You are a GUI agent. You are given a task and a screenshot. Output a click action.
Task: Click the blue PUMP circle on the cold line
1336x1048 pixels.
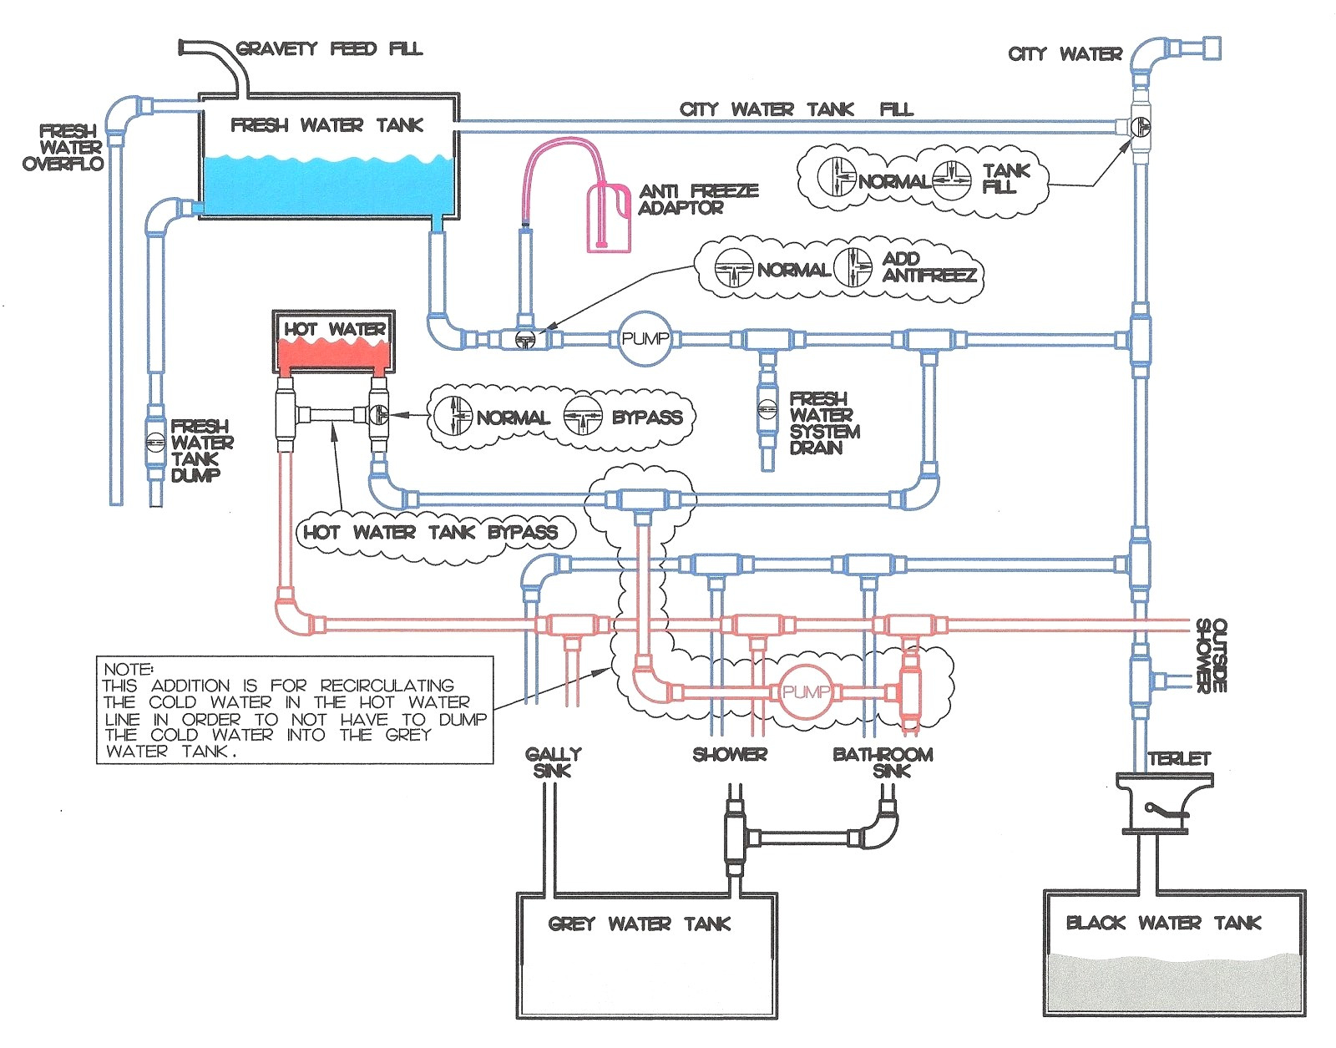pos(645,338)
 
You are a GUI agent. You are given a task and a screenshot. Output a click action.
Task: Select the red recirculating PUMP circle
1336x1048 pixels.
pos(806,692)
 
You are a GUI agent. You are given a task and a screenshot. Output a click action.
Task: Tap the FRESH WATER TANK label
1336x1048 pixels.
pos(326,125)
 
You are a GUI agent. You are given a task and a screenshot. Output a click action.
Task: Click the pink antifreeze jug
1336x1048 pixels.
pos(608,218)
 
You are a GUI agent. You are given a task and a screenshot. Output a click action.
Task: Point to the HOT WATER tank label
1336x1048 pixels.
pos(334,329)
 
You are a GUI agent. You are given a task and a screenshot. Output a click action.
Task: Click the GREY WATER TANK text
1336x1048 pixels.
pos(639,924)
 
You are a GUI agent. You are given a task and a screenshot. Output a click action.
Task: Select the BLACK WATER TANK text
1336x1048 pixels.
pos(1163,923)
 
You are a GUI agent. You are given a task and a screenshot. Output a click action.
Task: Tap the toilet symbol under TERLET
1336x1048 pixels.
pos(1164,803)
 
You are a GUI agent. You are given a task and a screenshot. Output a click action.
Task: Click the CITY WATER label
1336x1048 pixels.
pos(1065,54)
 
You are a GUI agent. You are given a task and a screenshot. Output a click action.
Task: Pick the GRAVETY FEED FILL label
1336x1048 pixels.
pos(329,48)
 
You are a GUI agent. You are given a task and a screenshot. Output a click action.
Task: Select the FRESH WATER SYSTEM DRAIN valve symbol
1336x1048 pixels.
pos(767,408)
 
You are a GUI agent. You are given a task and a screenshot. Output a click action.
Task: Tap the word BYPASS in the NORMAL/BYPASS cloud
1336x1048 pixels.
pos(647,418)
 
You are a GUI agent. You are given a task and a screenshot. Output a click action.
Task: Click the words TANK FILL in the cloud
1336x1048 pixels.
pos(1005,179)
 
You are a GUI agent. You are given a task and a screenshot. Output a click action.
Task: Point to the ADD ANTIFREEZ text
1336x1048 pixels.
pos(929,267)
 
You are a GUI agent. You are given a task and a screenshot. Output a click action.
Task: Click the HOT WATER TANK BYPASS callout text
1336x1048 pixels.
pos(430,532)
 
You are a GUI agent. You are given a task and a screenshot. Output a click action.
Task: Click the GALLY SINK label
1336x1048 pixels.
pos(553,762)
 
